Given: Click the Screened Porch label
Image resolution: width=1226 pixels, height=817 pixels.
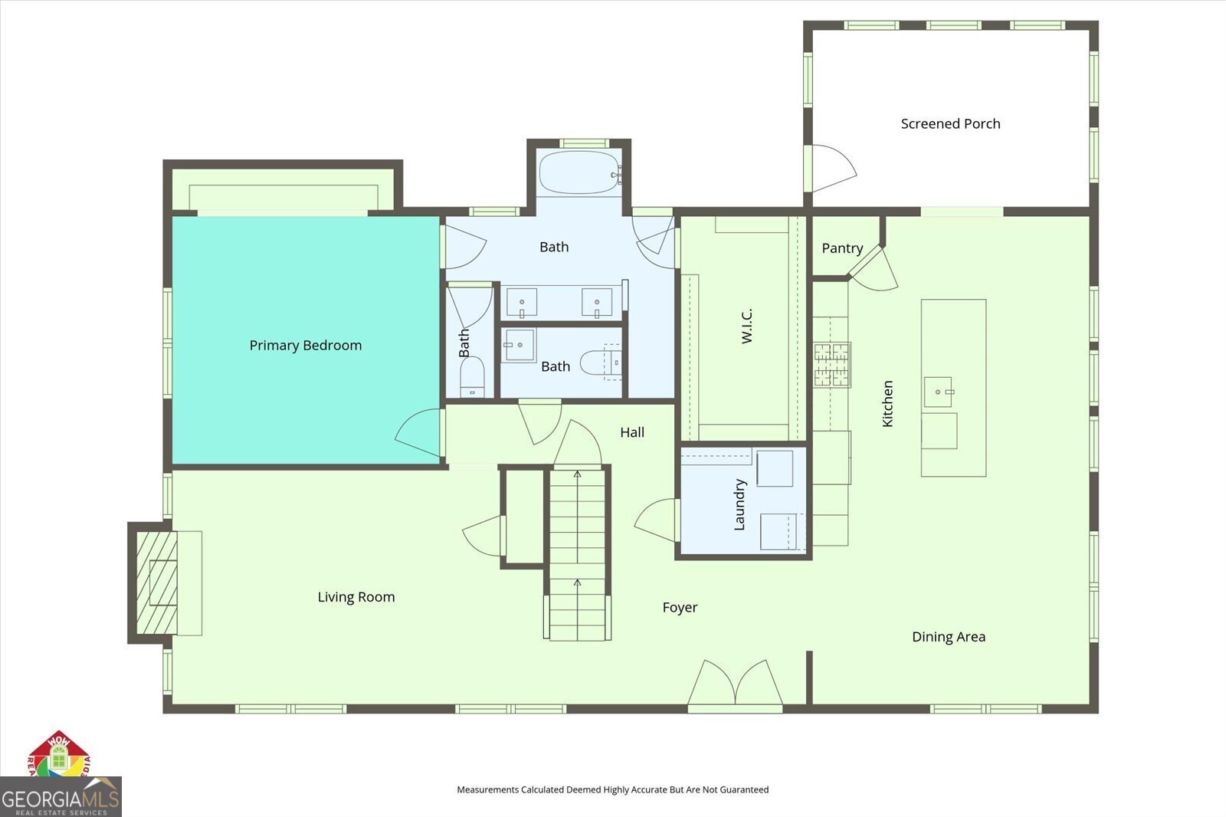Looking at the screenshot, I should click(950, 123).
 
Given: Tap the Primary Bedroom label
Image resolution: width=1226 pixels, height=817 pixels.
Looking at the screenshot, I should click(305, 345).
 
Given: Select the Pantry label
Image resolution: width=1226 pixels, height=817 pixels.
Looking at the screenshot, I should click(842, 248).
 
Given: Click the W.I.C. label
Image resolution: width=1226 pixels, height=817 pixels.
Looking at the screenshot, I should click(747, 326).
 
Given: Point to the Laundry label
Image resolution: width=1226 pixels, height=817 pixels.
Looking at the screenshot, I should click(739, 504).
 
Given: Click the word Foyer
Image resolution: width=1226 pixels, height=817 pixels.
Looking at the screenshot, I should click(680, 607).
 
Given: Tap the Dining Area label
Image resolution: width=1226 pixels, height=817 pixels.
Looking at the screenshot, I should click(948, 636).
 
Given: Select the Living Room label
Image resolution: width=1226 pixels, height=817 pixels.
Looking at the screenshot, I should click(356, 596).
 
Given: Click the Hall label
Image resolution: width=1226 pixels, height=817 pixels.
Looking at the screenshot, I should click(632, 432).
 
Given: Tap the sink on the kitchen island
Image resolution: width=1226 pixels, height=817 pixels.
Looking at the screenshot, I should click(937, 392).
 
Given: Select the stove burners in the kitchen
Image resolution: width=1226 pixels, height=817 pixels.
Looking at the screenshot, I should click(832, 364).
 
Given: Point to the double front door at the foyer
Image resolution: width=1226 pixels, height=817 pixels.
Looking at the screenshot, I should click(736, 684).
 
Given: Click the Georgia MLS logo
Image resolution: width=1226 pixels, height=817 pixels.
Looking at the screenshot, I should click(61, 797).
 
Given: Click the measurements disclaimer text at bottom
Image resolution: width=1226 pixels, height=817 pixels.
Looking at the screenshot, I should click(612, 789).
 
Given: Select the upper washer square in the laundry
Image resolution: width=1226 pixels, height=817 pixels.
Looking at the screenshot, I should click(775, 468).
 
